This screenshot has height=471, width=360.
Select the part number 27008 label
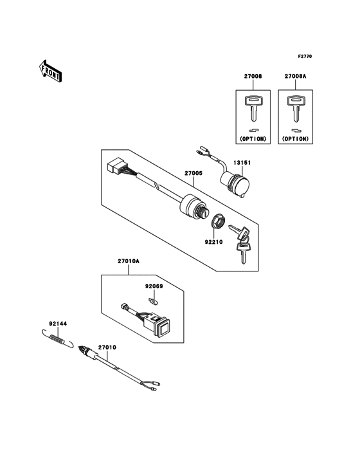[x=253, y=77]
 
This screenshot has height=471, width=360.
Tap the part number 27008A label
[x=295, y=77]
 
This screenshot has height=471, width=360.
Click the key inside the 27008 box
[x=253, y=107]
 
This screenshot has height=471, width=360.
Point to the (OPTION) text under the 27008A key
[x=295, y=138]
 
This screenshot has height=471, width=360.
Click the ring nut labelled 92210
[x=218, y=222]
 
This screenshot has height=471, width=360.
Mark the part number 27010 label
[x=107, y=348]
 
